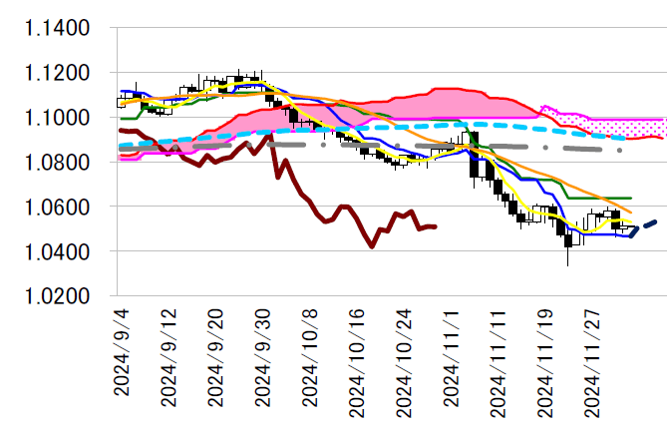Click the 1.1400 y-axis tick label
[56, 29]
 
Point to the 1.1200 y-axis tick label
[56, 74]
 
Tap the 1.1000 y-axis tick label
[56, 118]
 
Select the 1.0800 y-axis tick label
[56, 163]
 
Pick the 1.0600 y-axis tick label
[56, 208]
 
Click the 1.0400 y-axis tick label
[56, 251]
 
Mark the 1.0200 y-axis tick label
[56, 296]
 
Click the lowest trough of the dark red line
[372, 245]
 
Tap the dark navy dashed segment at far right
[643, 226]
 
